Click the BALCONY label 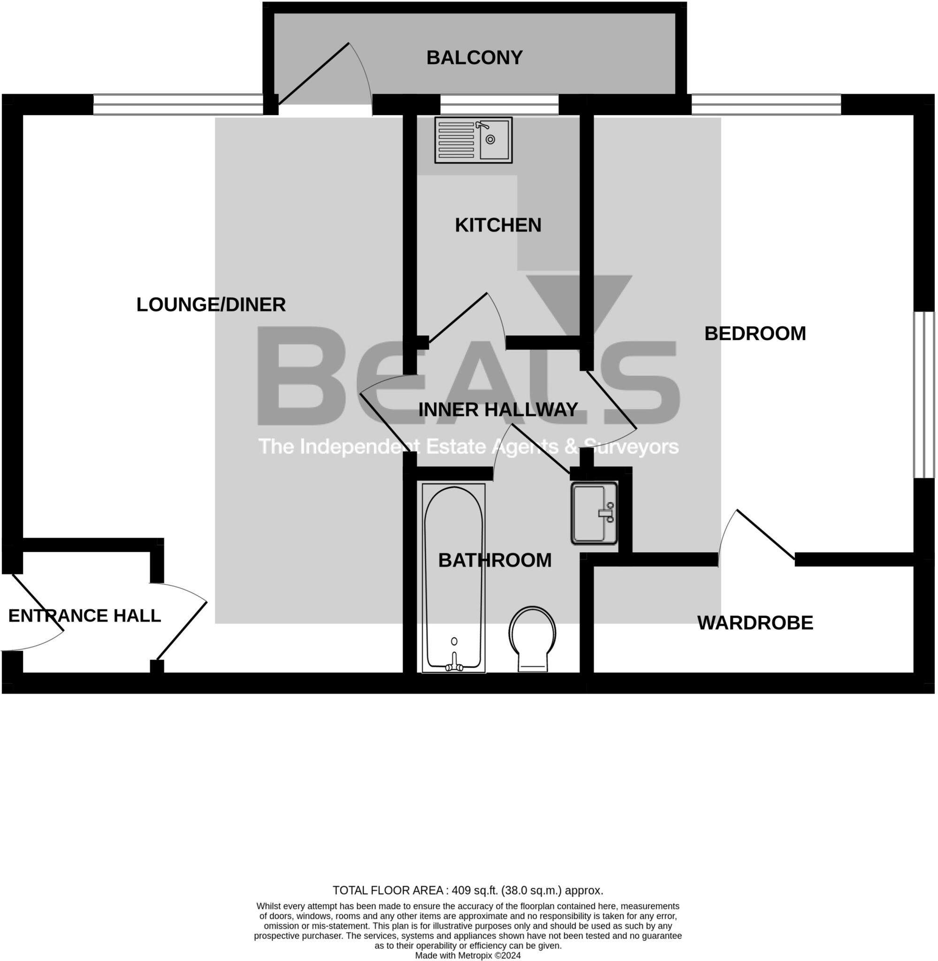pos(474,58)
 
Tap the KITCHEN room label pos(497,225)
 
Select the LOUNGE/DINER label pos(211,305)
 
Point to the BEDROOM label pos(755,334)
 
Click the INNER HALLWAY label pos(497,409)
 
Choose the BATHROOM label pos(495,560)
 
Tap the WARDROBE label pos(755,623)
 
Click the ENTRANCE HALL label pos(84,615)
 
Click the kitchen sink pos(473,140)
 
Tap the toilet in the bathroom pos(532,637)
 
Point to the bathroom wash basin pos(593,513)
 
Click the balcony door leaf pos(314,74)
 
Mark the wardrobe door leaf pos(766,534)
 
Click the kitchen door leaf pos(458,317)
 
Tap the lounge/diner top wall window pos(178,105)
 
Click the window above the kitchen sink pos(499,105)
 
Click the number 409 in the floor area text pos(461,891)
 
